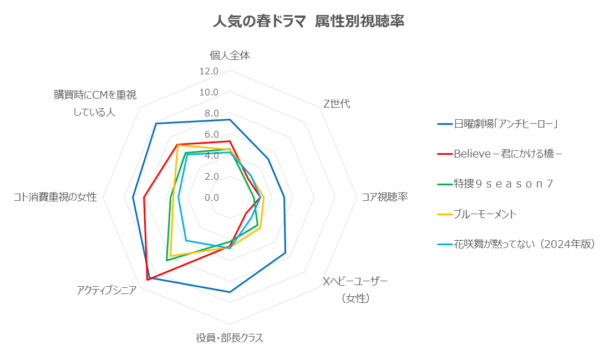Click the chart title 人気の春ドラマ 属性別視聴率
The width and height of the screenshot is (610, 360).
tap(308, 22)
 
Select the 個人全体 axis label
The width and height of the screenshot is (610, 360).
tap(230, 55)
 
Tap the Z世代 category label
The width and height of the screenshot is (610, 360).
tap(337, 104)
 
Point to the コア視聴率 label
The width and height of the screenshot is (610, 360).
tap(384, 197)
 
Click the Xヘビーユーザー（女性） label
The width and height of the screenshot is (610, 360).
tap(355, 290)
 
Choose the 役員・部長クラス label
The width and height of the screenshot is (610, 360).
tap(229, 338)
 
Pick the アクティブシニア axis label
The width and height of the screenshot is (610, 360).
tap(106, 290)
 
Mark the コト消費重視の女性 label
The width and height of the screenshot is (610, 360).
tap(55, 197)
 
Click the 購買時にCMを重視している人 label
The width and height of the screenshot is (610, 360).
tap(95, 103)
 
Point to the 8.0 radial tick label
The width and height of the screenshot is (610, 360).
tap(211, 113)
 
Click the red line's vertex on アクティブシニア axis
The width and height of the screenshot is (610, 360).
tap(148, 280)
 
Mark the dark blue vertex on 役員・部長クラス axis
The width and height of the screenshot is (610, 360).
tap(230, 292)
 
